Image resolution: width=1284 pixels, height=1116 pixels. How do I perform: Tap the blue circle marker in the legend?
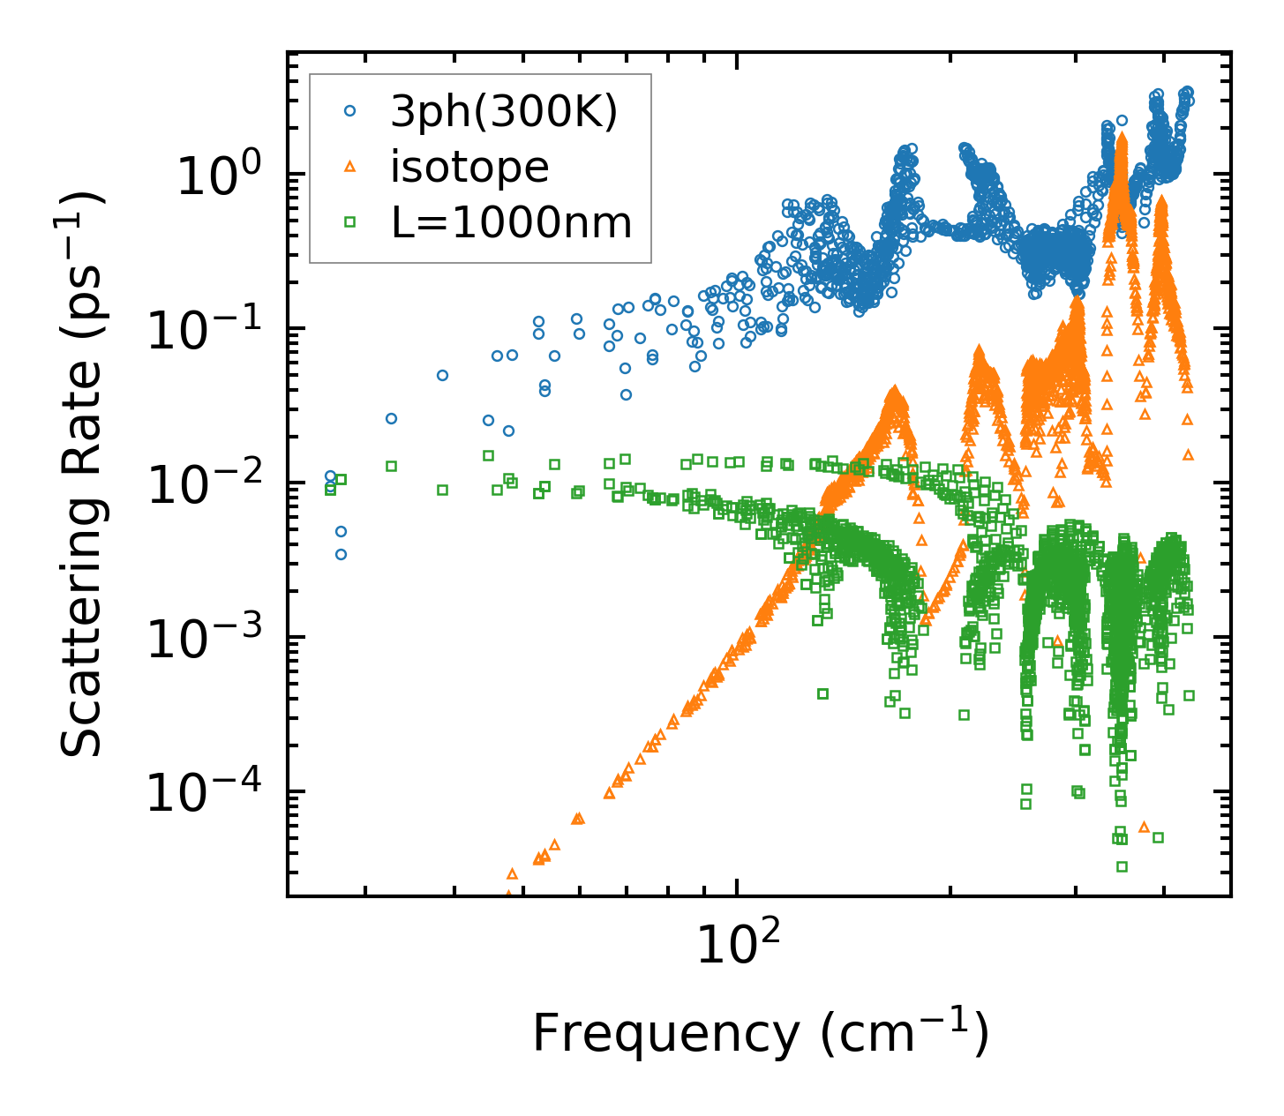350,111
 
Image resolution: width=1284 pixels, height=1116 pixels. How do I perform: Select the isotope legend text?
469,167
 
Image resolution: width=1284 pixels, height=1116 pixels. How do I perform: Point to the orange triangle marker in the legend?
350,166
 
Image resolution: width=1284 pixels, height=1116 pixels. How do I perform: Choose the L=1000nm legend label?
511,223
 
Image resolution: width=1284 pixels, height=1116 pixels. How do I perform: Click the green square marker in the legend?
350,222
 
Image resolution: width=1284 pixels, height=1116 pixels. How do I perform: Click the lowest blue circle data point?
341,554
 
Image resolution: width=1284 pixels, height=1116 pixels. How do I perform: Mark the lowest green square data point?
1122,866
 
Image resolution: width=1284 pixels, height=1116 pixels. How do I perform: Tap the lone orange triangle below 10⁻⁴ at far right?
1144,827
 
